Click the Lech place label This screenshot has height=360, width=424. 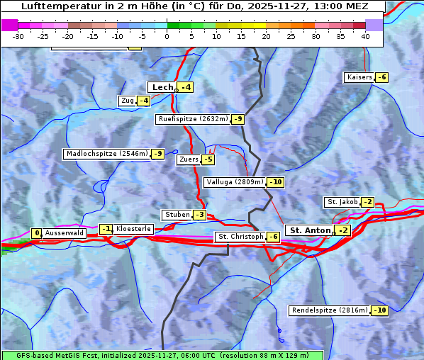[x=162, y=87]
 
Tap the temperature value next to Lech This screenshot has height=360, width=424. [x=186, y=87]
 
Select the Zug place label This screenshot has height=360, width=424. [x=127, y=101]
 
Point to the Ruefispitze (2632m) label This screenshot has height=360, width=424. [x=193, y=119]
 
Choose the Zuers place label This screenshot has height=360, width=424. [x=188, y=159]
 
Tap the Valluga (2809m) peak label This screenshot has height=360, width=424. [x=235, y=182]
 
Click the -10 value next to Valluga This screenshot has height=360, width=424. [x=276, y=182]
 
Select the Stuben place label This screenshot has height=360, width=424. [x=177, y=215]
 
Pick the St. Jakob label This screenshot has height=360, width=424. [x=342, y=202]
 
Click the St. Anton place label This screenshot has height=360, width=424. [x=310, y=230]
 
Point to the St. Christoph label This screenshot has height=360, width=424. [x=240, y=236]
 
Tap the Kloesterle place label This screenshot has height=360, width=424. [x=133, y=229]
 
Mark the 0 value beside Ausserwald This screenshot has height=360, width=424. [x=36, y=233]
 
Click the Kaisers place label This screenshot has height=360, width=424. [x=359, y=77]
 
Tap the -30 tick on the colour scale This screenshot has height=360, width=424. [x=18, y=35]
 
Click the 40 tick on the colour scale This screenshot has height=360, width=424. [x=365, y=35]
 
